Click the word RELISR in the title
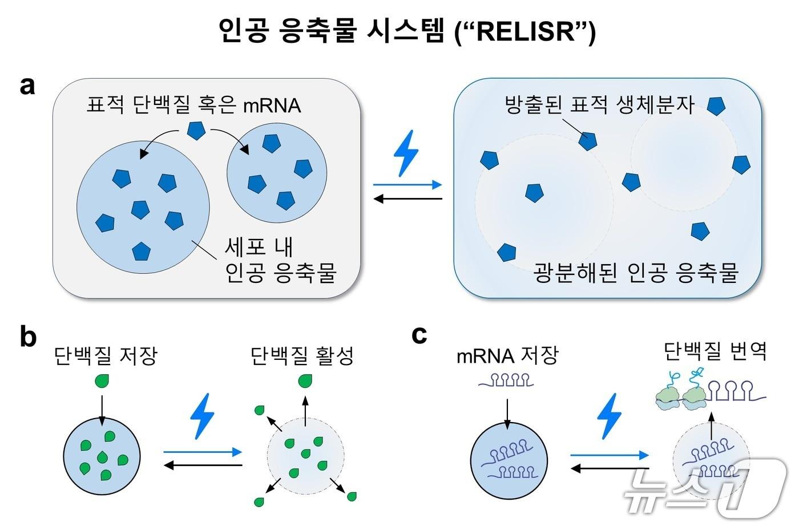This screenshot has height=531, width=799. coord(525,31)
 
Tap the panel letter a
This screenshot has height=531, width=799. coord(27,87)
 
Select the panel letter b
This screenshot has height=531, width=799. coord(28,337)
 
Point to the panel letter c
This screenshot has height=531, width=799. coord(419,335)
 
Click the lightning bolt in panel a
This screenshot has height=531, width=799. coord(406,153)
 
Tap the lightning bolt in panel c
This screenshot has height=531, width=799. coord(608,416)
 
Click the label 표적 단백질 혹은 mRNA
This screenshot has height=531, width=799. coord(193,106)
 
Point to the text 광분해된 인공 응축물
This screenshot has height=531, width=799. coord(636,273)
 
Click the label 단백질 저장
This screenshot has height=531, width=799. coord(106,355)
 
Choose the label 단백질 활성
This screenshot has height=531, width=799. coord(302,355)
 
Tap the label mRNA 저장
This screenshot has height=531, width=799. coord(507,355)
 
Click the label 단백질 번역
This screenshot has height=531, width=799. coord(715,351)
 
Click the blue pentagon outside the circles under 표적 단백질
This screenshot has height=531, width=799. coord(196,131)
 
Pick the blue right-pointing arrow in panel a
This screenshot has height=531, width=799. coord(407,184)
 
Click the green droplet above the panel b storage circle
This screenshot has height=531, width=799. coord(102,380)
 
